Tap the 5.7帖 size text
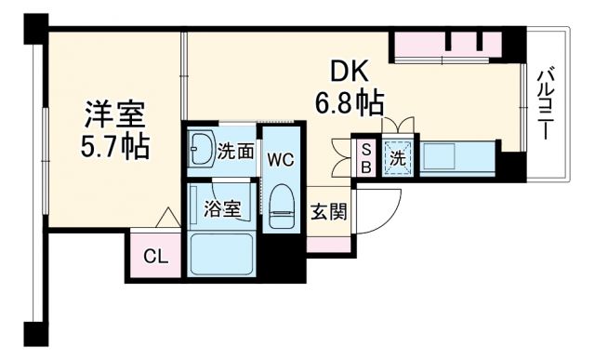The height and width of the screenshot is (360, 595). [x=115, y=146]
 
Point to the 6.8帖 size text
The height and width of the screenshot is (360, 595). [x=350, y=100]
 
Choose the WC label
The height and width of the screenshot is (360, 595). [x=282, y=159]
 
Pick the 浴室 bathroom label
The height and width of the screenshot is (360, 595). [x=222, y=208]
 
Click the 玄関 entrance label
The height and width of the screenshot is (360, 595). [x=327, y=212]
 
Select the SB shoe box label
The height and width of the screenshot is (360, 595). [x=366, y=158]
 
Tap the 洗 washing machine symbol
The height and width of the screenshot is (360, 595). [x=397, y=158]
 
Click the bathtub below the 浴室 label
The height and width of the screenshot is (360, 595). [x=222, y=253]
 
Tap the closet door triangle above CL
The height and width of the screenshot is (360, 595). [x=166, y=220]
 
